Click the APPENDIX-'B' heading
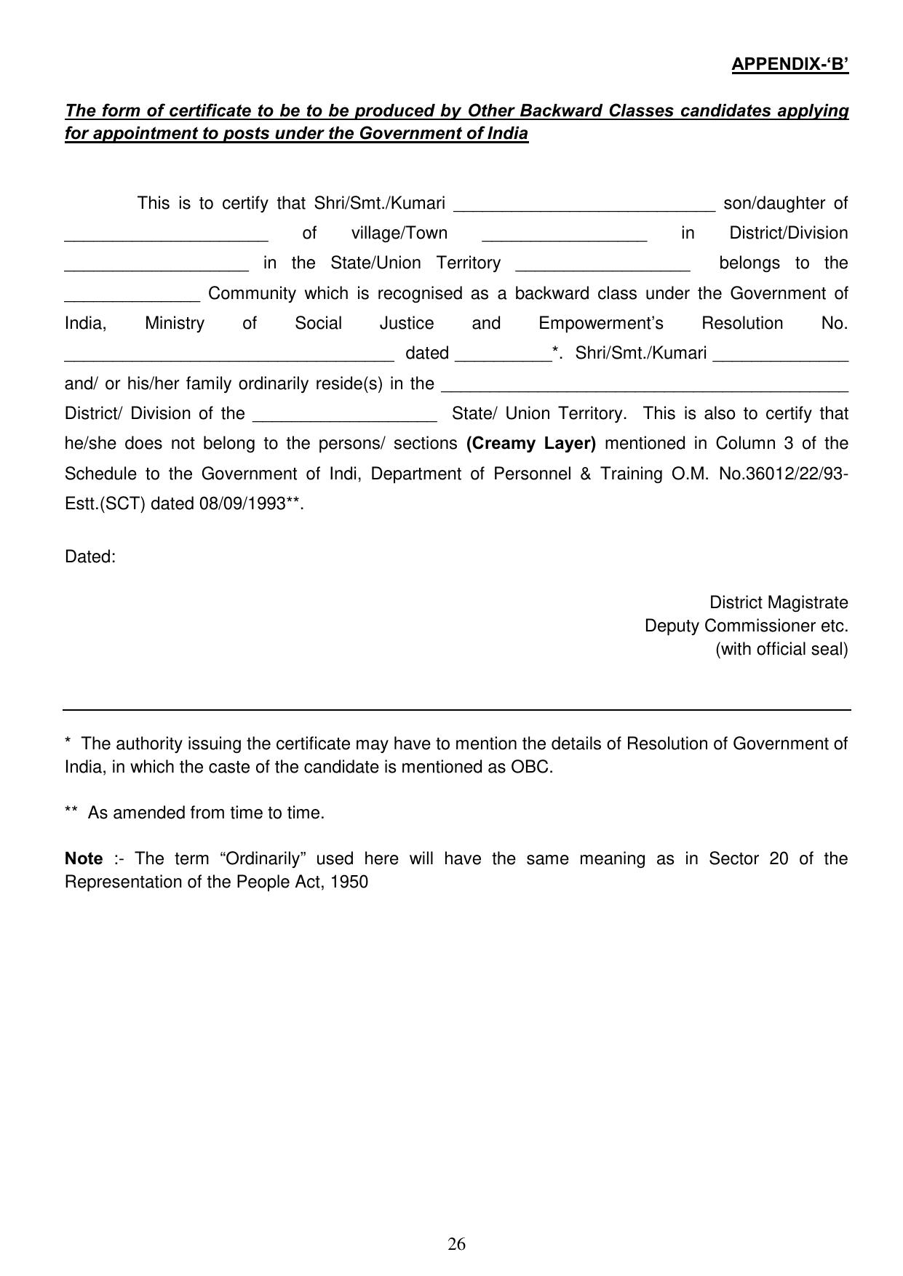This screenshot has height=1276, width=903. [x=789, y=64]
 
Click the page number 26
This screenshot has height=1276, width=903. [x=456, y=1243]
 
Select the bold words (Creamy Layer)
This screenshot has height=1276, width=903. [x=530, y=443]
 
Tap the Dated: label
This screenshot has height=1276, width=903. [x=90, y=557]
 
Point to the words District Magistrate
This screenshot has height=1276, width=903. [x=779, y=602]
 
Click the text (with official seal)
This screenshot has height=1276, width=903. [x=781, y=649]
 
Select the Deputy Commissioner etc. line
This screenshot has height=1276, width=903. [x=746, y=626]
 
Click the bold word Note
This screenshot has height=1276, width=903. [x=84, y=858]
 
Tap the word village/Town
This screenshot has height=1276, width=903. [x=399, y=233]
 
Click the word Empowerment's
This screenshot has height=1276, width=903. [x=601, y=323]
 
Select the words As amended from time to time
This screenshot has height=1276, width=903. [x=206, y=813]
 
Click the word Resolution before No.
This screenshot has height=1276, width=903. [x=742, y=323]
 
